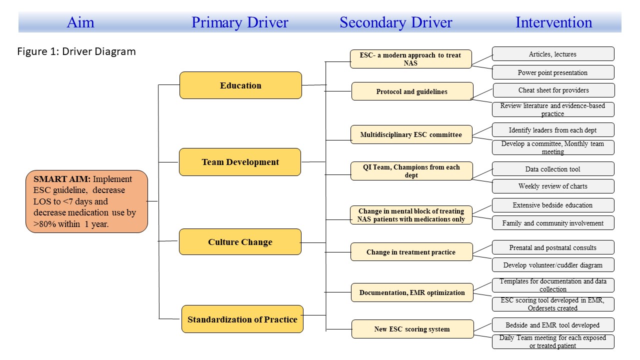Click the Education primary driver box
tap(240, 85)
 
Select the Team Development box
tap(240, 162)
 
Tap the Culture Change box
tap(240, 241)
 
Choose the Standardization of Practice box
tap(242, 319)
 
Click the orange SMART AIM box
tap(86, 201)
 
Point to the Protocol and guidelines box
tap(412, 91)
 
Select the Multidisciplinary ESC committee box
tap(411, 134)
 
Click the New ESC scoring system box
tap(412, 329)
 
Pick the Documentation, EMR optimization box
tap(412, 292)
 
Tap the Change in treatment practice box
tap(411, 252)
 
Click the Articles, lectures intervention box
tap(553, 54)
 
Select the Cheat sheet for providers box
tap(553, 90)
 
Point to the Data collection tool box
tap(553, 169)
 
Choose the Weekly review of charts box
tap(553, 186)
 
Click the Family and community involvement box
tap(553, 223)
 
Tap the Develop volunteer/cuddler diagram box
tap(553, 265)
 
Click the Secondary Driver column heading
tap(396, 22)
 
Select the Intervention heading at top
tap(553, 22)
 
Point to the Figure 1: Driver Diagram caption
tap(76, 51)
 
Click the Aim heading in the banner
tap(80, 22)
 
